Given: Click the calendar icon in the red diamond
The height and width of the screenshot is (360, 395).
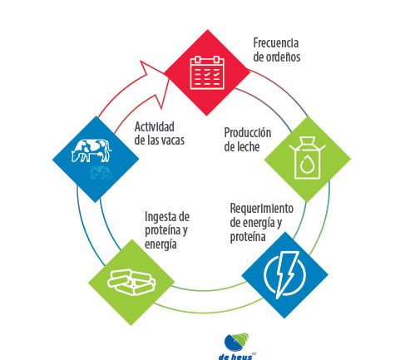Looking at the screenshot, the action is tap(207, 72).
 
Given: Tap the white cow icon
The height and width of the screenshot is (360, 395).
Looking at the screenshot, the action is tap(91, 150).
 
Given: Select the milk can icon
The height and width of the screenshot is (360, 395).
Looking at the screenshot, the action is tap(307, 158).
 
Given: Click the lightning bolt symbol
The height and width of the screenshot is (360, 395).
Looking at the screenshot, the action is tap(286, 274).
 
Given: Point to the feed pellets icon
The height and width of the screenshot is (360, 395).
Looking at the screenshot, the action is tap(131, 282).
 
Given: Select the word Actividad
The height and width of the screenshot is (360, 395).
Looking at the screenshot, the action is tap(155, 126).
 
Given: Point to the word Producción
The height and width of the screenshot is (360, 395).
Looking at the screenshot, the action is tap(248, 132).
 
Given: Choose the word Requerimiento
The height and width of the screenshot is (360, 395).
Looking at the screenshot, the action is tap(262, 209).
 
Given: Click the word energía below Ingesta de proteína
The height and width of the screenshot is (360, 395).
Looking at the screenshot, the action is tap(160, 244).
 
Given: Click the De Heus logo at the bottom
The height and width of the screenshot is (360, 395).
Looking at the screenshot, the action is tap(236, 347).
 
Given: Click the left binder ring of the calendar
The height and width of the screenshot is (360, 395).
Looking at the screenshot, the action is tap(198, 60).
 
